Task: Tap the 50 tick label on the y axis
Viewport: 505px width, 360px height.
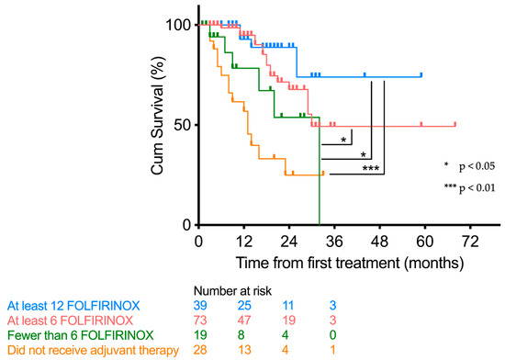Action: pos(185,124)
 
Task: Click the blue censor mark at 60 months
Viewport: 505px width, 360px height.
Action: pos(421,74)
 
